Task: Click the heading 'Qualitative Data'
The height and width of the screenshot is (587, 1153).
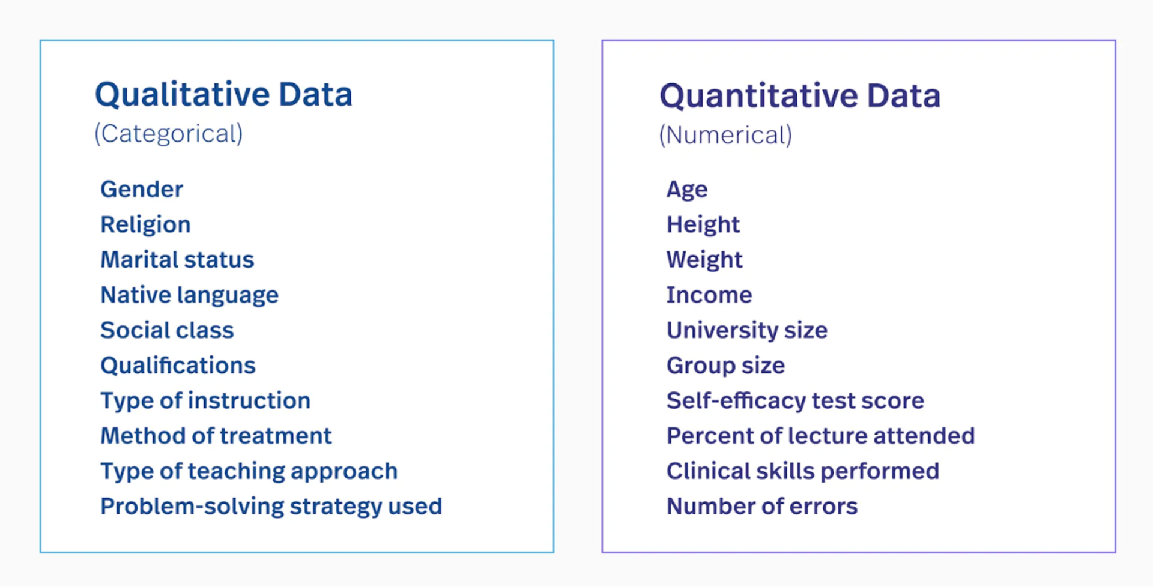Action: coord(223,95)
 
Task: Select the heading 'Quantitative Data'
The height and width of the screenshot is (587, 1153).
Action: coord(800,96)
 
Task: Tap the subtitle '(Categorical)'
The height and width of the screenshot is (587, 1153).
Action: coord(169,134)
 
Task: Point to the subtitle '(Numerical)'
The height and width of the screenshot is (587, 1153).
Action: coord(725,135)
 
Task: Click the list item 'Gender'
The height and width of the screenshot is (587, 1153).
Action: coord(142,190)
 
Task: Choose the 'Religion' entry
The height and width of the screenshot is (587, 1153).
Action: coord(145,224)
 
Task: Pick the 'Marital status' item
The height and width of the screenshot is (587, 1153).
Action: coord(177,260)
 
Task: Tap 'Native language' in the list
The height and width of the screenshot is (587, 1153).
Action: coord(189,295)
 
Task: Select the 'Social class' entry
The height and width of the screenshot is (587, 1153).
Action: coord(167,330)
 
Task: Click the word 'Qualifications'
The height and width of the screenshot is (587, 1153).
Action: coord(178,366)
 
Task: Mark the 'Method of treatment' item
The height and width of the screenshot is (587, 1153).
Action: coord(216,436)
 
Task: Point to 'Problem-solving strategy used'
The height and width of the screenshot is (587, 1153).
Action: coord(271,507)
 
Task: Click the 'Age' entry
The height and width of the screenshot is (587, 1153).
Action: coord(687,190)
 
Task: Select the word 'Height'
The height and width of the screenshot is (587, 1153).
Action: coord(703,224)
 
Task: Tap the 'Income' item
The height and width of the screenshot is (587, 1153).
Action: coord(709,295)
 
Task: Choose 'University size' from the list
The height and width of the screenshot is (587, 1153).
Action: coord(747,330)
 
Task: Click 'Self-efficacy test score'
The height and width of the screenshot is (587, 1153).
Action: coord(795,400)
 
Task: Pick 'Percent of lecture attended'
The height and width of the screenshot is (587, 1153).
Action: coord(820,436)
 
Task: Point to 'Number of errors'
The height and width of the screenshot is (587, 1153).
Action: coord(762,507)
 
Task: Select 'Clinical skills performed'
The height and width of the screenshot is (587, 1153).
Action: coord(803,471)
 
